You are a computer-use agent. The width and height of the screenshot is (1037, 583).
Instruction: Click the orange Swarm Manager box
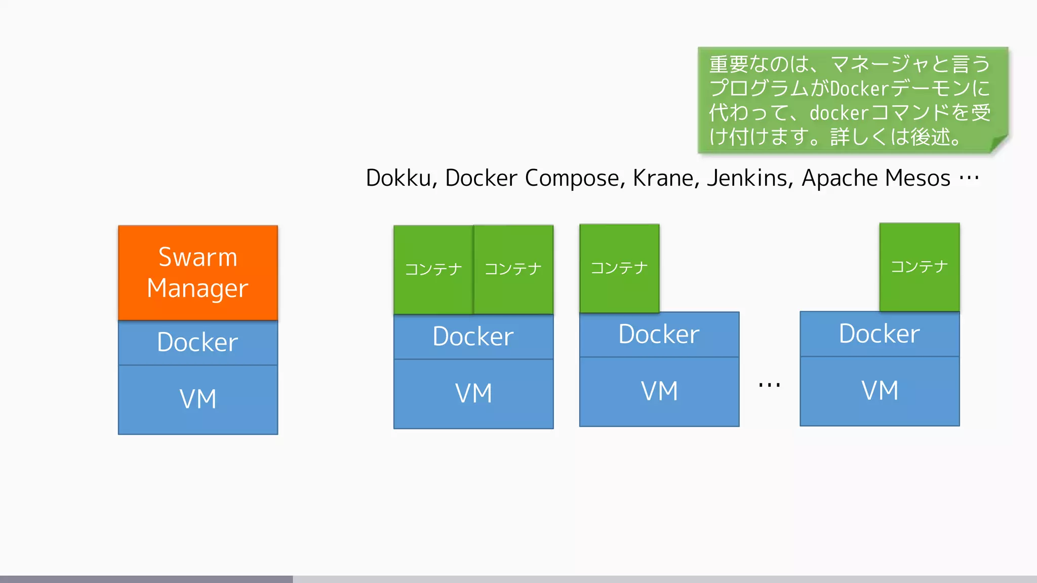pos(198,272)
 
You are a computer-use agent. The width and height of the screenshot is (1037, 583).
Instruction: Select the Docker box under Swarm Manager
pos(198,343)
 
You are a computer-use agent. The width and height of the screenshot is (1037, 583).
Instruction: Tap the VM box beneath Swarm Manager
pos(198,399)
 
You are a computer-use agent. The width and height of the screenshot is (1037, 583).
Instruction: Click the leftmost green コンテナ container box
pos(433,269)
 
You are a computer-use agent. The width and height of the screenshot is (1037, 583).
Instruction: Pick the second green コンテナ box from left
pos(513,269)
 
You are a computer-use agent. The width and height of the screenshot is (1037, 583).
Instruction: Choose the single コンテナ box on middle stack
pos(619,268)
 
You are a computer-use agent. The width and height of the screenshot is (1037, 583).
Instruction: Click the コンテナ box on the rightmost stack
pos(920,267)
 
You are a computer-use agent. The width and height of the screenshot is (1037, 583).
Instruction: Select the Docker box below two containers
pos(473,337)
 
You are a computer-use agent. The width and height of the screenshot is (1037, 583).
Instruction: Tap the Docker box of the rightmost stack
pos(880,334)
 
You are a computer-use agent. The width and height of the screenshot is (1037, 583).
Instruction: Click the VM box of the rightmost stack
pos(880,391)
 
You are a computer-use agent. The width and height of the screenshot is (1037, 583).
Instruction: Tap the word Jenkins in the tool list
pos(749,178)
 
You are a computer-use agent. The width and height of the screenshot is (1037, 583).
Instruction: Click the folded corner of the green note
pos(999,144)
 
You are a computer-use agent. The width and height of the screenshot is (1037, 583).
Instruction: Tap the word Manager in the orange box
pos(198,288)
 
